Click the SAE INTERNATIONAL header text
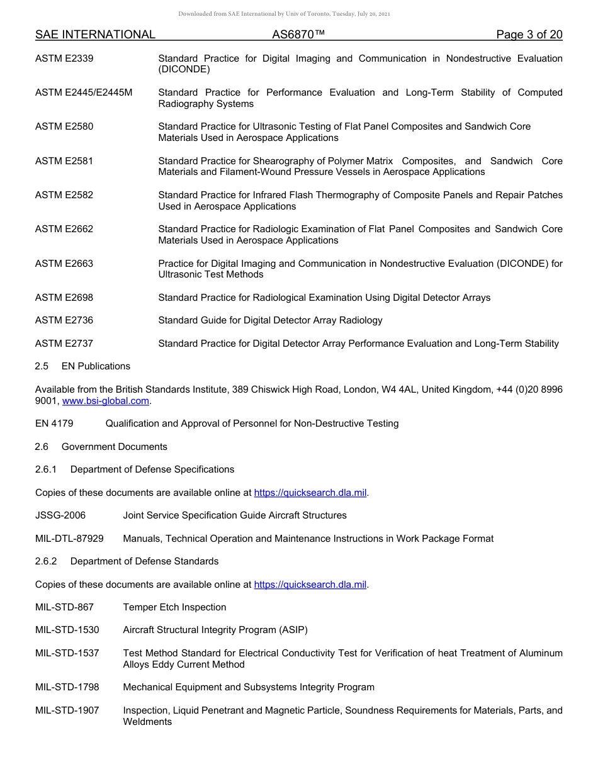click(95, 35)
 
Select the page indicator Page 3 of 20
click(529, 35)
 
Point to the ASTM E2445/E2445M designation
click(84, 93)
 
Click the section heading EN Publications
click(96, 366)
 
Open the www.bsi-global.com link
click(106, 401)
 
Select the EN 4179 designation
click(54, 423)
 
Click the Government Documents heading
click(114, 447)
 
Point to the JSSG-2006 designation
click(60, 515)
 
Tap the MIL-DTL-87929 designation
click(69, 539)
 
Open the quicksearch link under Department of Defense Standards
click(310, 585)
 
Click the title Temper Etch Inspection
click(174, 607)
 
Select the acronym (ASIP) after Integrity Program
click(293, 630)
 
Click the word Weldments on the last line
click(147, 722)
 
